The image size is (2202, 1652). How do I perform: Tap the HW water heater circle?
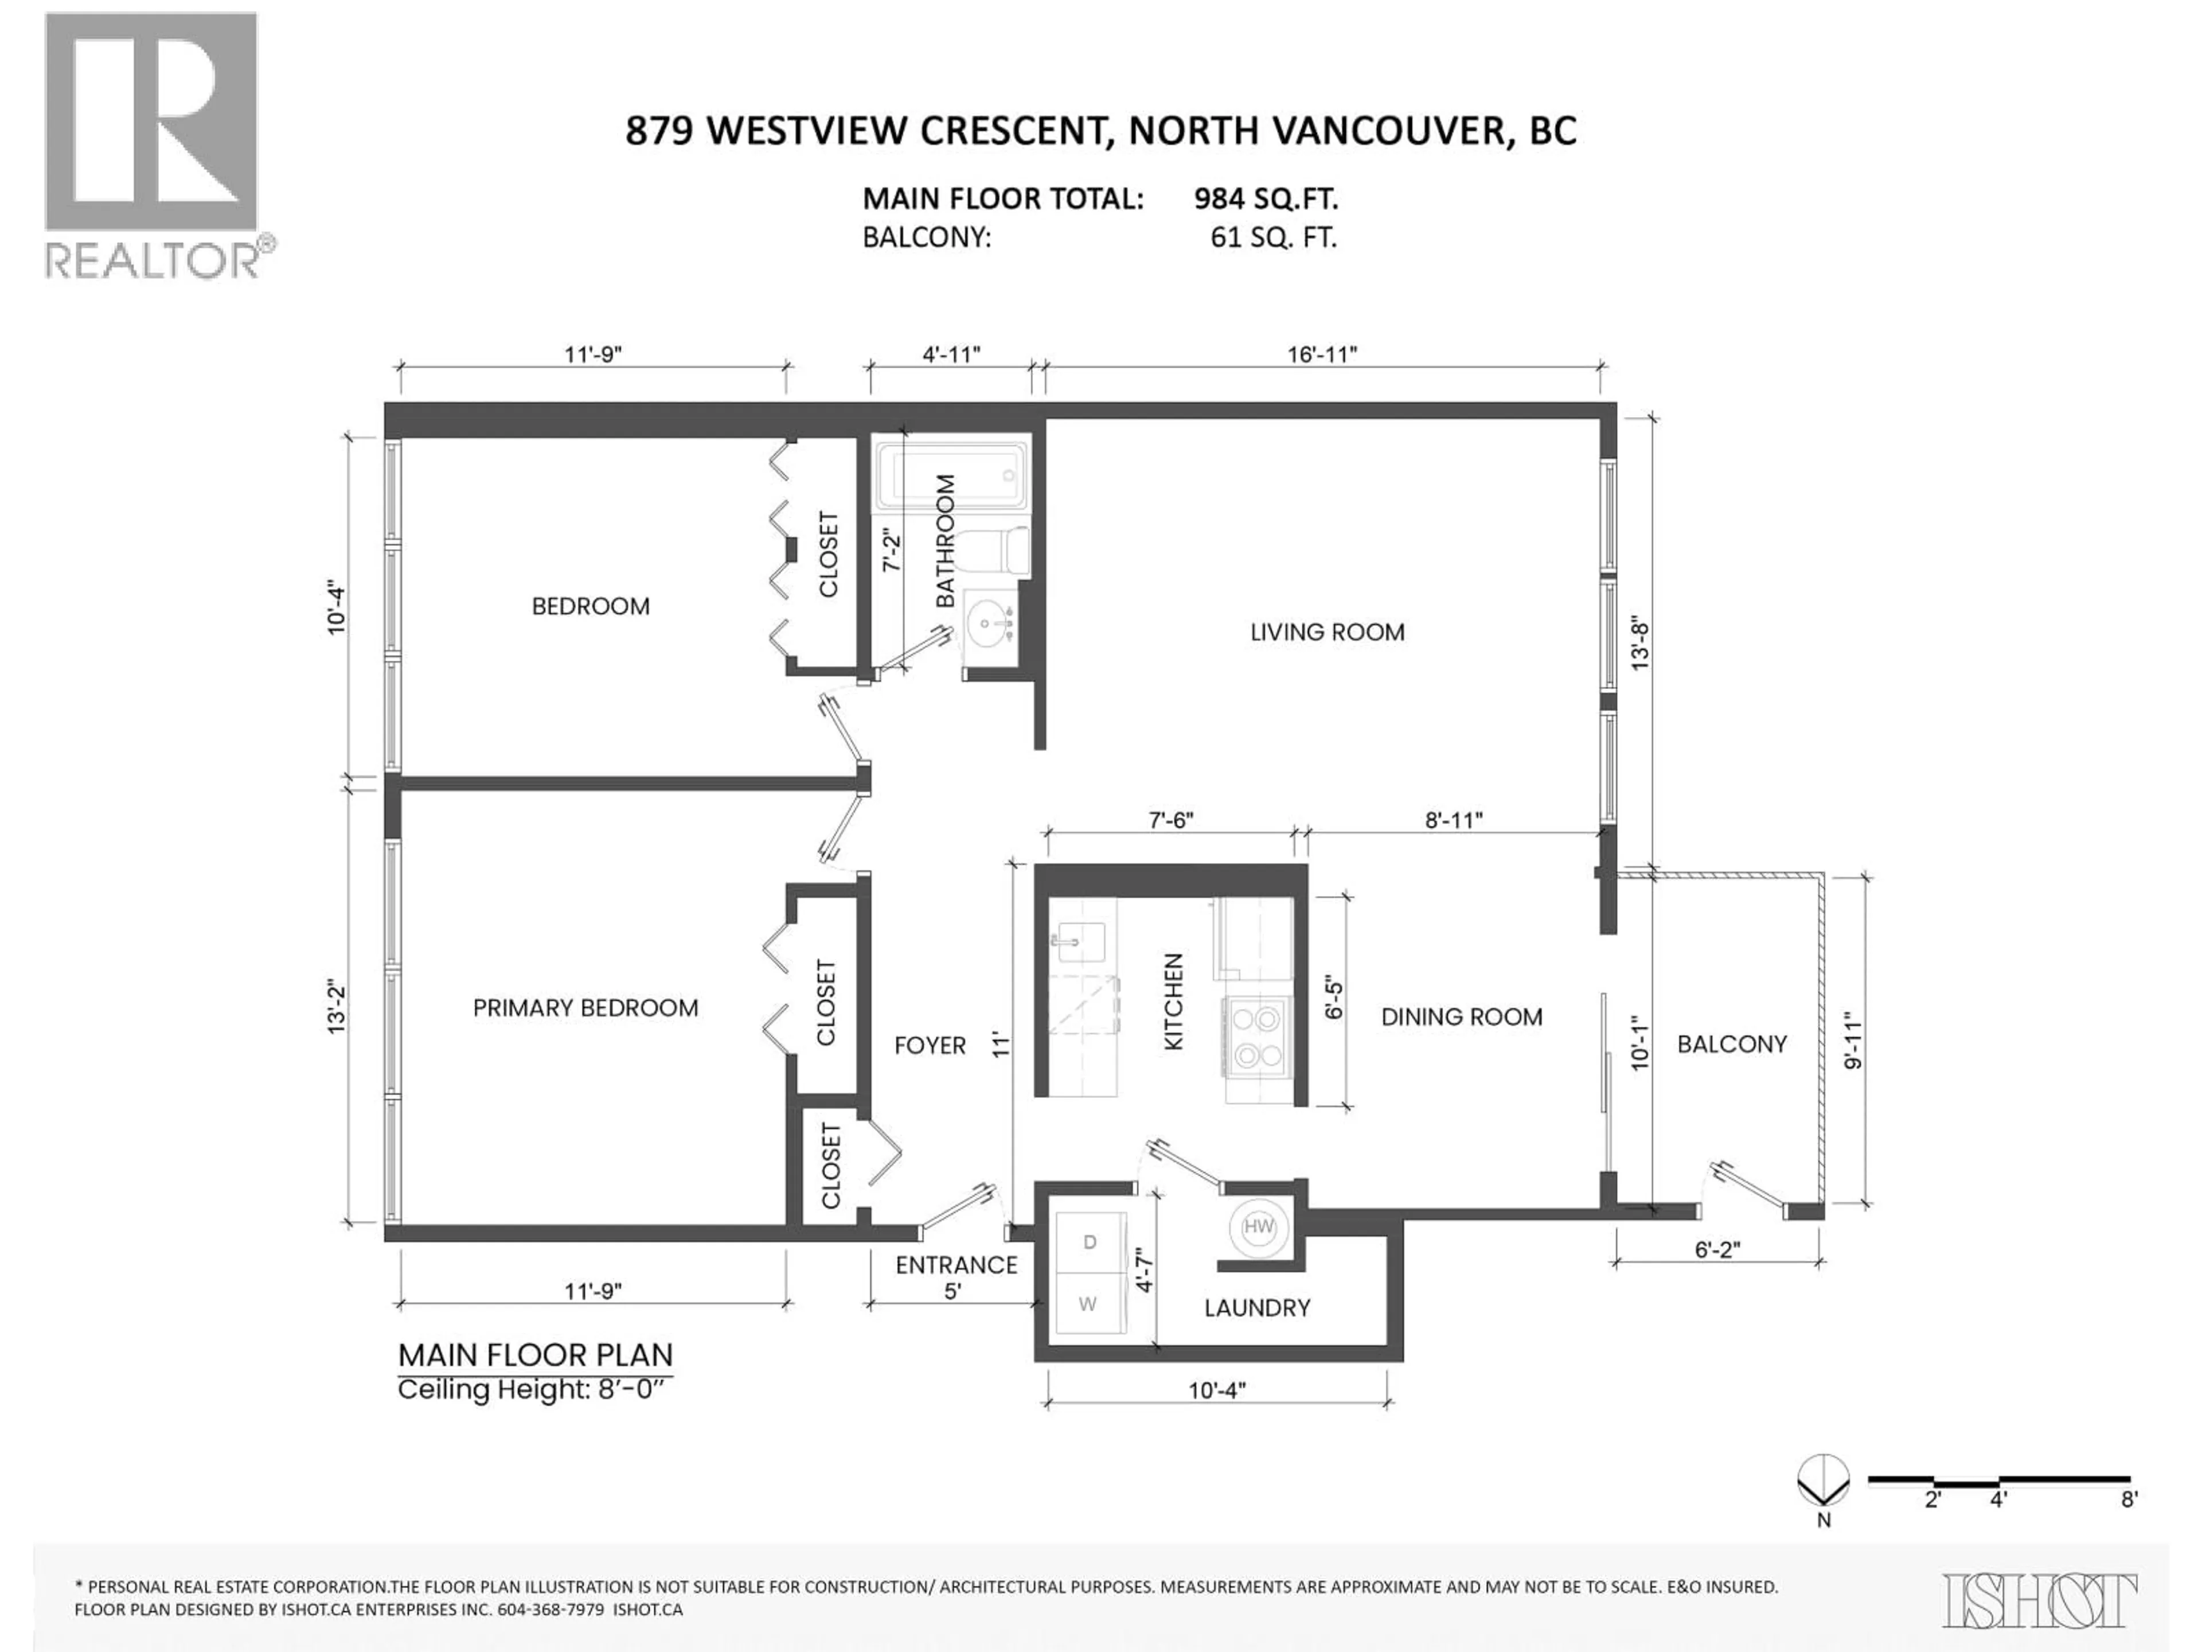pyautogui.click(x=1258, y=1227)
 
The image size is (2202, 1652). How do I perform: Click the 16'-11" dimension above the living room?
pyautogui.click(x=1322, y=354)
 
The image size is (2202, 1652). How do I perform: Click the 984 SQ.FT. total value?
pyautogui.click(x=1265, y=199)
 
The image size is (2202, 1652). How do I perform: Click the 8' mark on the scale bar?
pyautogui.click(x=2129, y=1526)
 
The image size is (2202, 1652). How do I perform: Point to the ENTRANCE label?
pyautogui.click(x=956, y=1265)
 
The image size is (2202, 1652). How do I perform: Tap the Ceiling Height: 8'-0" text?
pyautogui.click(x=534, y=1389)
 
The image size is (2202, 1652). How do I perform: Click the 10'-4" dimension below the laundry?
pyautogui.click(x=1216, y=1390)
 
